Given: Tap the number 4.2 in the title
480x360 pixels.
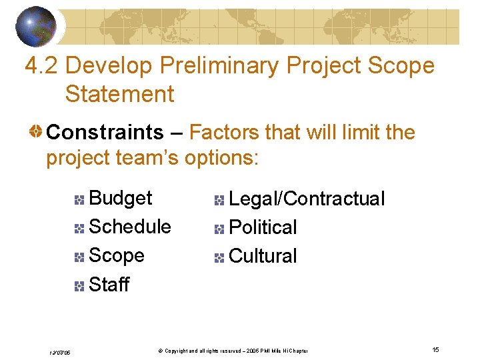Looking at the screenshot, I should pyautogui.click(x=42, y=65).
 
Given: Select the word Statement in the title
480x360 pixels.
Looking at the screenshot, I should pyautogui.click(x=119, y=93).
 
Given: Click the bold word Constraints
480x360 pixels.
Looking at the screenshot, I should pyautogui.click(x=105, y=132).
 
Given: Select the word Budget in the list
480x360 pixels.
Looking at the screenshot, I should pyautogui.click(x=120, y=198).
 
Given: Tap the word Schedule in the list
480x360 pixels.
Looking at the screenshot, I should pyautogui.click(x=129, y=227).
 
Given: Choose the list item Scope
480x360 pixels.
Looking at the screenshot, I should pyautogui.click(x=116, y=255).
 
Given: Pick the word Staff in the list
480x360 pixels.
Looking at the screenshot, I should pyautogui.click(x=109, y=285).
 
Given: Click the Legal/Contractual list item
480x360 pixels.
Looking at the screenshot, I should pyautogui.click(x=307, y=199).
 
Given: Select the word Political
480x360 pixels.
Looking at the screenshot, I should pyautogui.click(x=263, y=227).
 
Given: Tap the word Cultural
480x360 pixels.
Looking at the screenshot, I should pyautogui.click(x=263, y=256).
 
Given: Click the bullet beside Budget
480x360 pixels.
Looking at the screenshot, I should pyautogui.click(x=79, y=199).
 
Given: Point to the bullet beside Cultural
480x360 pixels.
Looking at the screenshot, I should pyautogui.click(x=219, y=257).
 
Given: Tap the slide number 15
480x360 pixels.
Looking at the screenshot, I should pyautogui.click(x=435, y=349).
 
